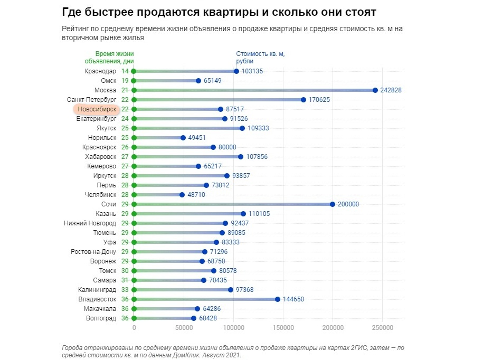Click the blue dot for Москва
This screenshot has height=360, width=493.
click(x=375, y=90)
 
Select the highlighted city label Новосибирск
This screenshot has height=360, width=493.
click(x=96, y=109)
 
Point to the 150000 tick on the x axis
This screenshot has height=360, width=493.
click(x=283, y=328)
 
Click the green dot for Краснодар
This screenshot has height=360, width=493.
click(x=134, y=71)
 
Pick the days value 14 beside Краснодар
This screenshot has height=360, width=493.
click(x=125, y=71)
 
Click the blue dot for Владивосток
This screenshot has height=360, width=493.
click(x=278, y=299)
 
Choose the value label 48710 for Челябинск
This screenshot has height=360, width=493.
click(x=196, y=195)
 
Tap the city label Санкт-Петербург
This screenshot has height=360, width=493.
click(x=91, y=100)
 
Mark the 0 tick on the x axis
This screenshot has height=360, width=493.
click(x=134, y=328)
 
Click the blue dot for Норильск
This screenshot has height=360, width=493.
click(x=183, y=138)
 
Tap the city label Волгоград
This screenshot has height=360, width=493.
click(x=101, y=318)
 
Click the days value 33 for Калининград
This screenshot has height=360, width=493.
click(x=125, y=290)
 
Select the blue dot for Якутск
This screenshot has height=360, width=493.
click(x=242, y=128)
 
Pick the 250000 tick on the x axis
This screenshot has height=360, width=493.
click(x=383, y=328)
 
